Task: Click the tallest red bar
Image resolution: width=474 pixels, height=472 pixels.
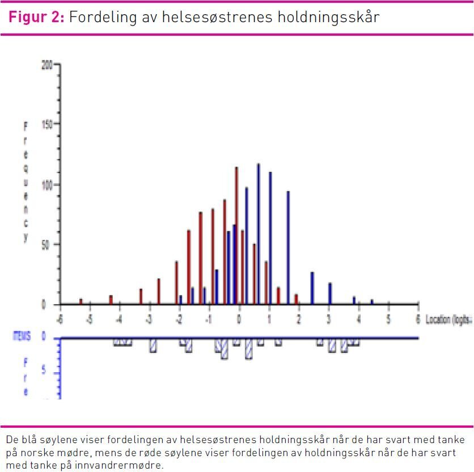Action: click(236, 235)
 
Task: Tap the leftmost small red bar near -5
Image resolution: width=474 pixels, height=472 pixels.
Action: click(81, 301)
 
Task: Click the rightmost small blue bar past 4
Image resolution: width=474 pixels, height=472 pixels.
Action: click(372, 302)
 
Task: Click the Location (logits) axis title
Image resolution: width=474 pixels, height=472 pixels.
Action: click(449, 319)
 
